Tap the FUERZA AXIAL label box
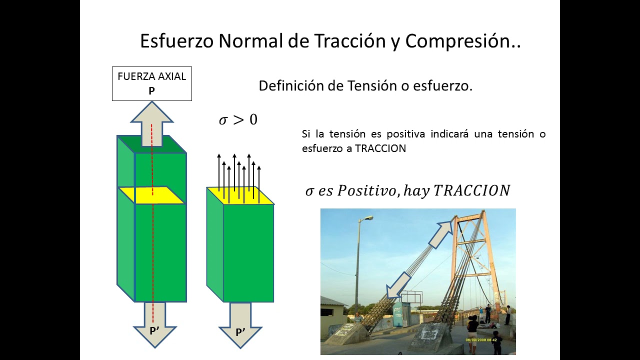coord(151,83)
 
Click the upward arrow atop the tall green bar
coord(151,120)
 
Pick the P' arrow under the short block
coord(240,327)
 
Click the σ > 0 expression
coord(238,120)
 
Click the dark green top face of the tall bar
coord(151,144)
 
